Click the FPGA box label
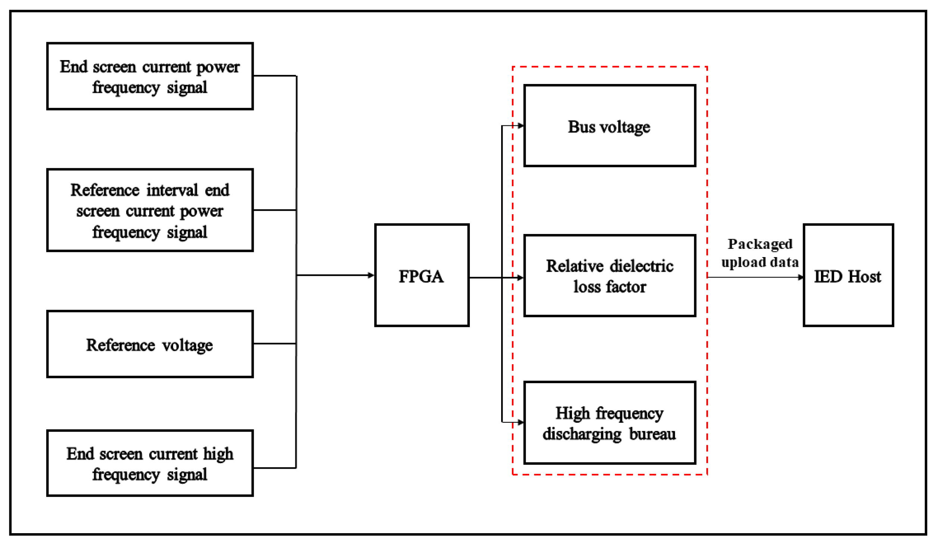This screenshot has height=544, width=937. pos(421,276)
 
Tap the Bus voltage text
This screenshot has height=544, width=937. pos(609,127)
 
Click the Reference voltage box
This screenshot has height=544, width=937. pos(150,344)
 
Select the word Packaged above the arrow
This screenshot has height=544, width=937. pos(760,244)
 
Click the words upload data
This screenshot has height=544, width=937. pos(760,262)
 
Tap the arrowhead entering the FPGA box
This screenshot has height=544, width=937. pos(371,275)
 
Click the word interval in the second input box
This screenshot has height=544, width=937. pos(172,190)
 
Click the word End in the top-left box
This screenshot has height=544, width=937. pos(74,67)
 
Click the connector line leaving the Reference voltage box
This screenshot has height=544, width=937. pos(274,344)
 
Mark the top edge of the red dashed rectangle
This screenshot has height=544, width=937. pos(609,67)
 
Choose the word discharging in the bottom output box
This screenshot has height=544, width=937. pos(582,434)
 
